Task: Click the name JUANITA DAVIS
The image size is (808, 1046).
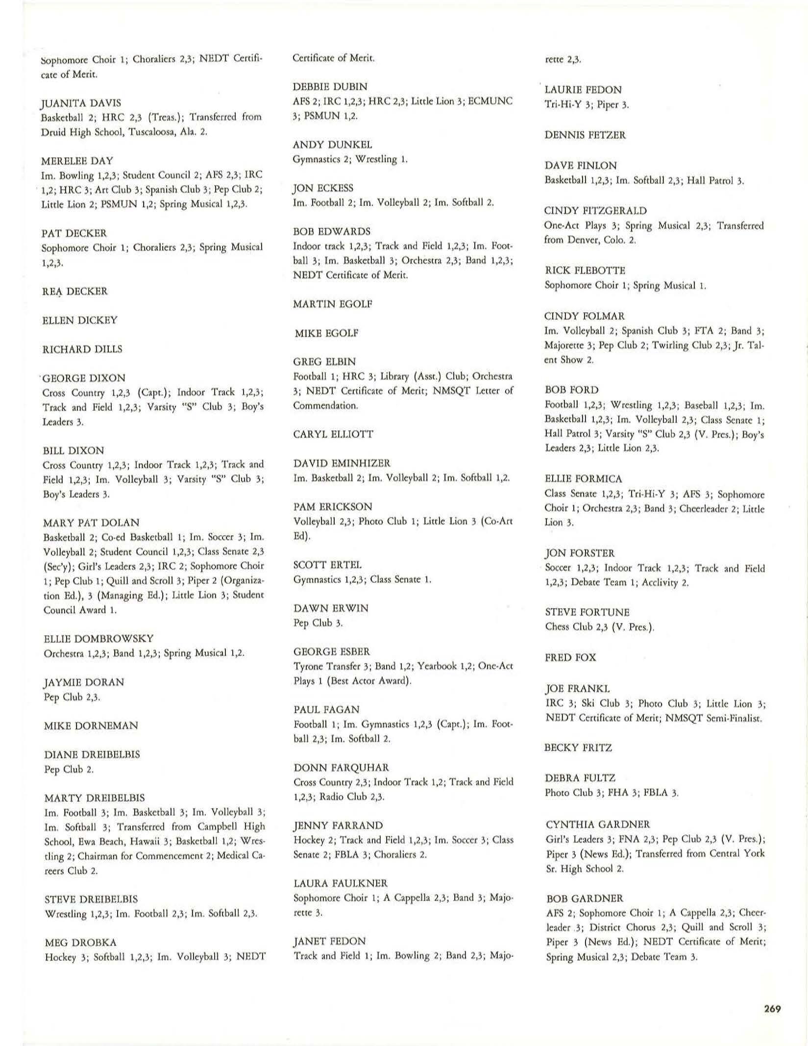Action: point(81,103)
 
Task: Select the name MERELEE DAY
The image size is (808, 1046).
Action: point(77,160)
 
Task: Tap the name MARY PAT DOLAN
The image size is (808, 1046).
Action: point(91,523)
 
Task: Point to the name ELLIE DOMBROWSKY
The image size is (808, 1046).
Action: point(98,639)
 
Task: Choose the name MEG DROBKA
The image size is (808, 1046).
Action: point(73,942)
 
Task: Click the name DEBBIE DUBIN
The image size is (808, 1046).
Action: point(329,87)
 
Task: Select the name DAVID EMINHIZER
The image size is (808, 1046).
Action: point(342,463)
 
